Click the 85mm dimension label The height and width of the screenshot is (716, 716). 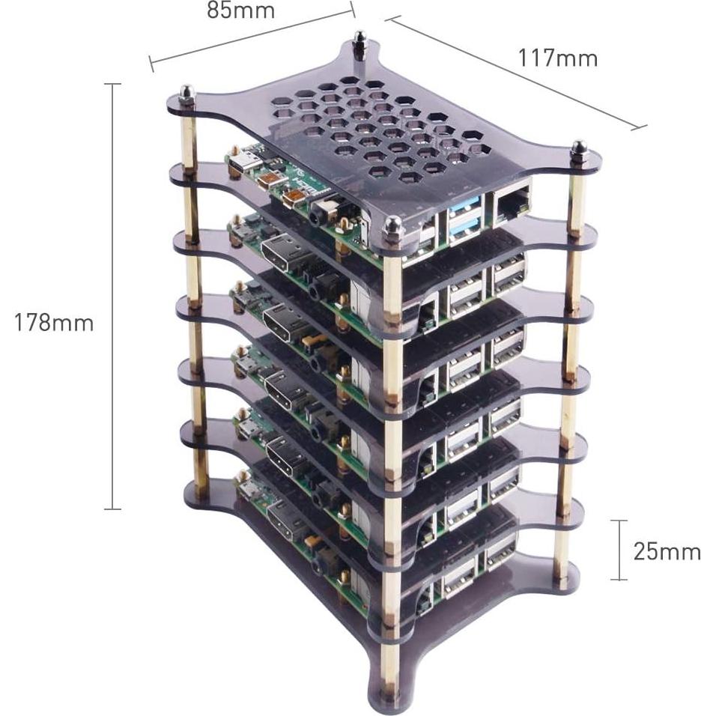(240, 11)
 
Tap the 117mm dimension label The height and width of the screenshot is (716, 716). (557, 58)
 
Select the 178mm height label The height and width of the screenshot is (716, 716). (54, 323)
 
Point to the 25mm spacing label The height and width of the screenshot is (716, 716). (667, 552)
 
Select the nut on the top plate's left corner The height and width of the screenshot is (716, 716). (186, 94)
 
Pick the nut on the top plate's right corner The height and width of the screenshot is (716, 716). (578, 148)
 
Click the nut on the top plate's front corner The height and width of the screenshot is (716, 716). (392, 226)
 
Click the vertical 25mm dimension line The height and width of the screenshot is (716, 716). (619, 550)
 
